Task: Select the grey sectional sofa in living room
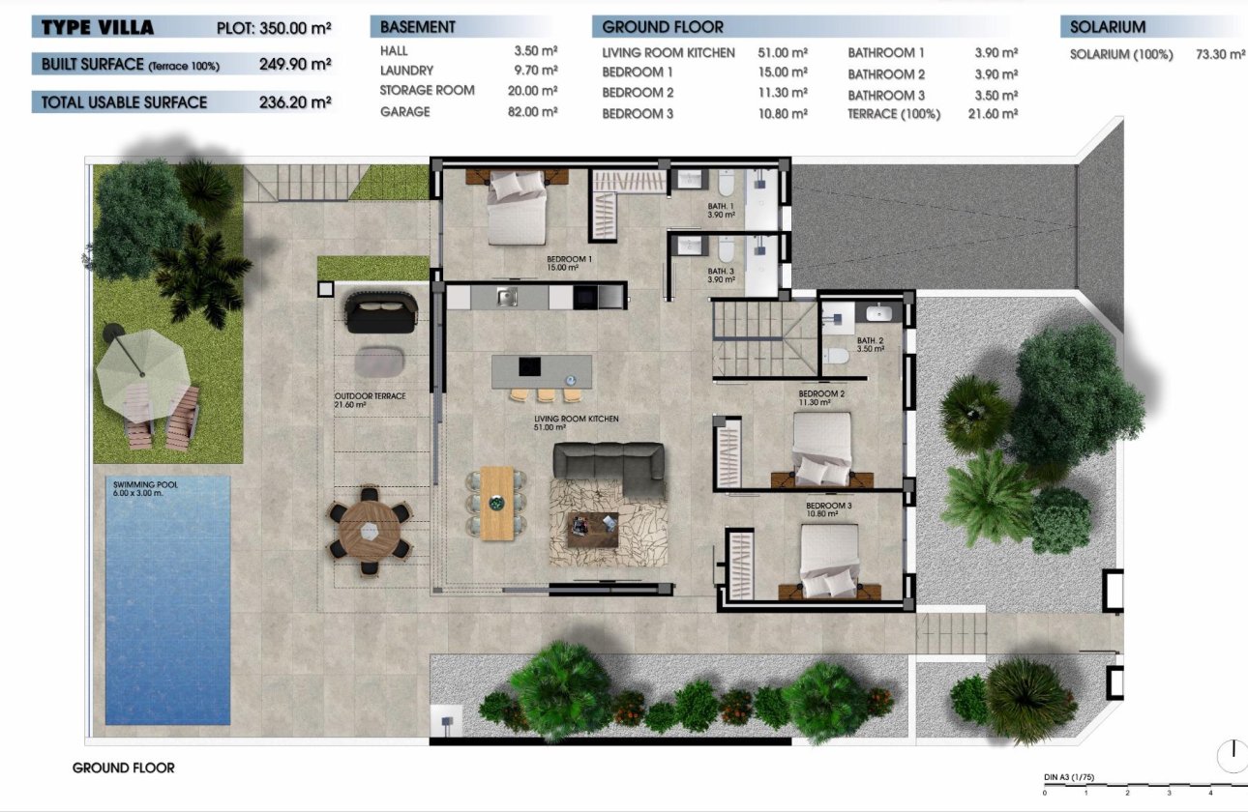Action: click(x=609, y=468)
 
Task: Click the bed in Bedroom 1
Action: click(x=516, y=208)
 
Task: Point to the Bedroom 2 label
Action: click(x=821, y=398)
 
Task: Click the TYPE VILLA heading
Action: click(x=98, y=27)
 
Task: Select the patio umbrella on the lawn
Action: click(x=142, y=362)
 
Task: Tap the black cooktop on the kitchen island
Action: click(x=530, y=366)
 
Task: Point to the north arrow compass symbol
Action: click(x=1233, y=755)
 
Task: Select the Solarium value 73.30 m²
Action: click(x=1220, y=55)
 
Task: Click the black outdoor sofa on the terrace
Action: click(x=381, y=312)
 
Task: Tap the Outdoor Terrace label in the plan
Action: click(x=370, y=400)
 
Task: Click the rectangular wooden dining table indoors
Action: click(x=496, y=503)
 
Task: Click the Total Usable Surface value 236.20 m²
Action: click(x=295, y=102)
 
